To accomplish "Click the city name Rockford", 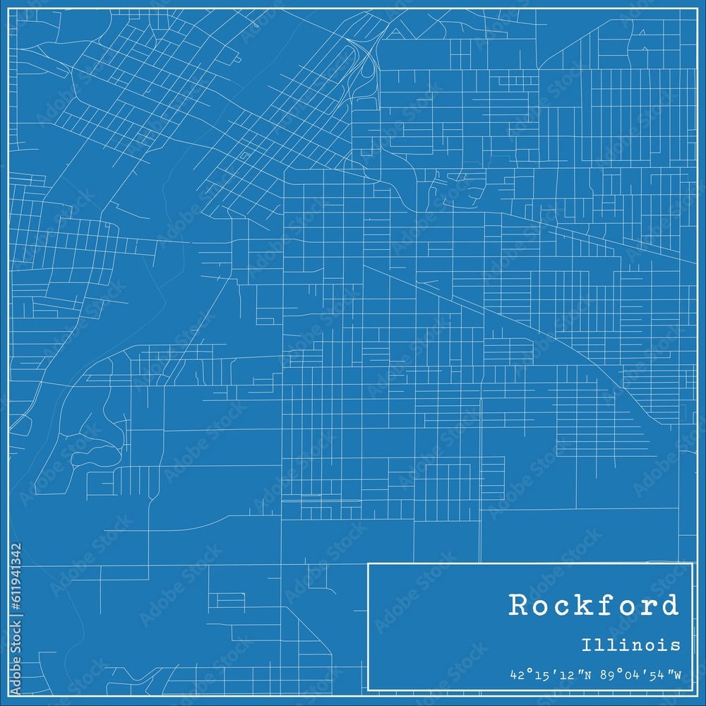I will (593, 606).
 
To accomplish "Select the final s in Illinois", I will (676, 645).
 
